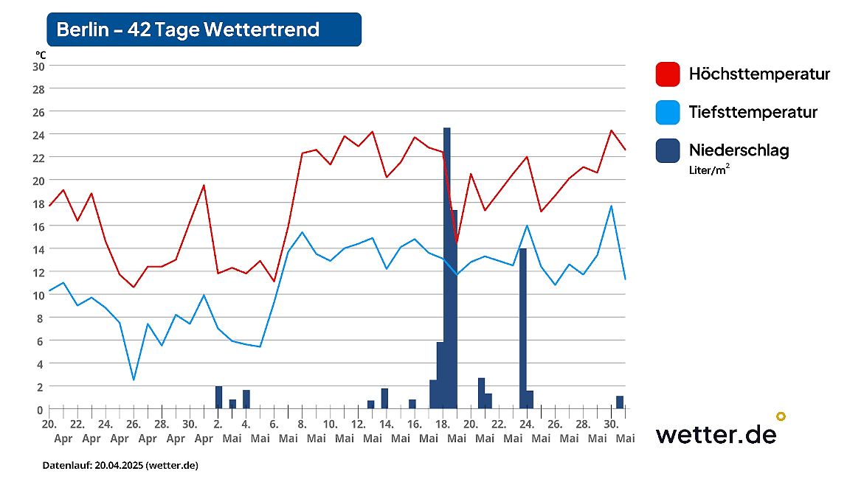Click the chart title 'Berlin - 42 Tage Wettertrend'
tap(188, 29)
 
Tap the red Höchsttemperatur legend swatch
tap(667, 74)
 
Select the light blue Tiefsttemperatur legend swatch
tap(667, 113)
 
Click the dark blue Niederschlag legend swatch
tap(667, 150)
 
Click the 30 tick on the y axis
tap(38, 66)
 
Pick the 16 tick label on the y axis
tap(38, 226)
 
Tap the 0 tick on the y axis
tap(41, 409)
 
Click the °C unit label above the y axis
tap(40, 55)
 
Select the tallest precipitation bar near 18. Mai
tap(446, 265)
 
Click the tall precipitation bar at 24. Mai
tap(522, 328)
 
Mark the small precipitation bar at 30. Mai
tap(620, 402)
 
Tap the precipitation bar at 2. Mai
tap(218, 397)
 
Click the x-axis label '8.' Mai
tap(302, 425)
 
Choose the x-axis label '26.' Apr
tap(134, 425)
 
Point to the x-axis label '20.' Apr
tap(49, 425)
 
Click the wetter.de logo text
tap(715, 434)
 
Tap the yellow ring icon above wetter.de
tap(781, 416)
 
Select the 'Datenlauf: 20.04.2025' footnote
tap(120, 466)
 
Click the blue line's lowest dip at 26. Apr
tap(134, 380)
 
